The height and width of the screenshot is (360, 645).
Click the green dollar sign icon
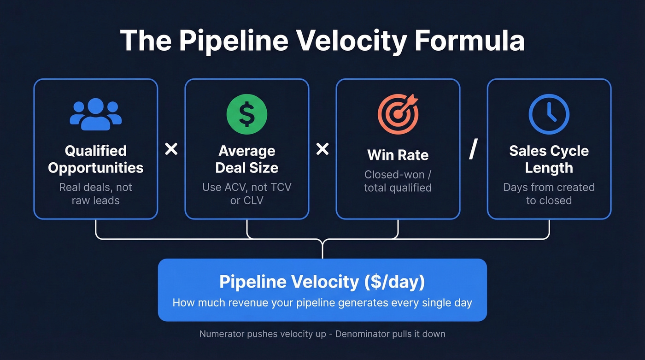[x=247, y=114]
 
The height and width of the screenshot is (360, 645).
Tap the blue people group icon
[x=96, y=114]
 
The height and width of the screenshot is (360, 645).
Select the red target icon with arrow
[x=398, y=114]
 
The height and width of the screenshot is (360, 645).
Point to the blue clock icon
[x=549, y=114]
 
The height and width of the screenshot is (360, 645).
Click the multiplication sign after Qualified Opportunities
[x=171, y=149]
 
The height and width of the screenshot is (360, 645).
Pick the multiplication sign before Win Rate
[x=322, y=149]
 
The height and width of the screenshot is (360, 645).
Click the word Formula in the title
[x=469, y=41]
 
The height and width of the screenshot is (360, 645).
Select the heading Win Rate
[x=398, y=155]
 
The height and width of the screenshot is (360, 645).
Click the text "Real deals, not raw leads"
[x=96, y=194]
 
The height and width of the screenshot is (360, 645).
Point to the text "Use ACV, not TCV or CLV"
[x=247, y=194]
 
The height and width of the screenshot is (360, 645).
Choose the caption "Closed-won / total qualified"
[x=398, y=181]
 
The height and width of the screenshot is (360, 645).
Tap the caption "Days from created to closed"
[x=549, y=194]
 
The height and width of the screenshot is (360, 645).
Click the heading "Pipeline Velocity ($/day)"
[x=322, y=282]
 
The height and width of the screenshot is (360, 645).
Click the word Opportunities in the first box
[x=96, y=168]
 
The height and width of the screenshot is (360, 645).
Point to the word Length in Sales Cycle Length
[x=549, y=168]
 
